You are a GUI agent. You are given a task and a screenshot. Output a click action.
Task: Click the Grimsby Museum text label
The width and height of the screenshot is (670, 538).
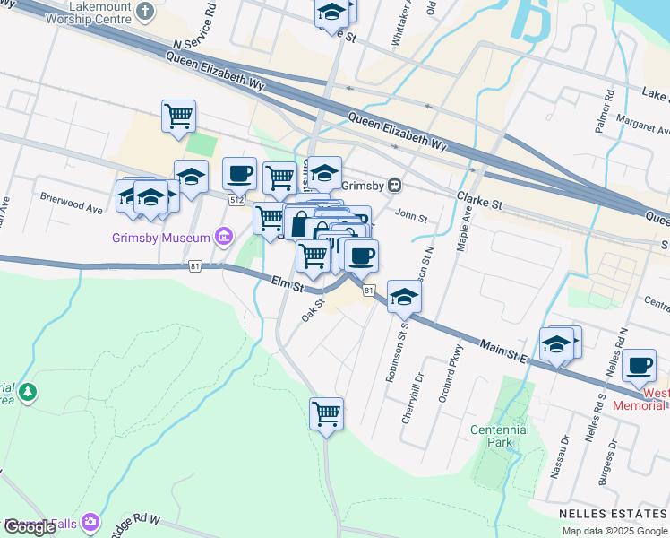pyautogui.click(x=161, y=239)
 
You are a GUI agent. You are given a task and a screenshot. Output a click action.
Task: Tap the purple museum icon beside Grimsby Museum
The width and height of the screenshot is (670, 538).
pyautogui.click(x=224, y=238)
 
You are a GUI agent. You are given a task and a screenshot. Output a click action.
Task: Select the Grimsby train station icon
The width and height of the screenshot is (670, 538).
pyautogui.click(x=394, y=186)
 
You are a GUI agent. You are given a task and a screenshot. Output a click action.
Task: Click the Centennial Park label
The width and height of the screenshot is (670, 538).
pyautogui.click(x=500, y=437)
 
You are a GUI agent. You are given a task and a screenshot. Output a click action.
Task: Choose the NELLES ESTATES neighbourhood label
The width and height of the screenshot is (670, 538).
pyautogui.click(x=614, y=514)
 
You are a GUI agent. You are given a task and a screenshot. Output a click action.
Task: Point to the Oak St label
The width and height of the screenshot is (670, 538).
pyautogui.click(x=313, y=311)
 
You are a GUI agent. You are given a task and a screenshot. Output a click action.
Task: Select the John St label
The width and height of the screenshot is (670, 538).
pyautogui.click(x=411, y=217)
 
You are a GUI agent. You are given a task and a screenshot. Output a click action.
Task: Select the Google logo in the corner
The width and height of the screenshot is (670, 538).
pyautogui.click(x=30, y=527)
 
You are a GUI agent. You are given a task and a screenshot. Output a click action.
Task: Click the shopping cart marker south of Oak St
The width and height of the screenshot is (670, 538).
pyautogui.click(x=327, y=414)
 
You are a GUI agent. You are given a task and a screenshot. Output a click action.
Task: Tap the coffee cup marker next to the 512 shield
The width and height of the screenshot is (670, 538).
pyautogui.click(x=239, y=172)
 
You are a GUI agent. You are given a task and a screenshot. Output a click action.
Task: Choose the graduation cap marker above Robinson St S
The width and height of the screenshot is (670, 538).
pyautogui.click(x=404, y=296)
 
